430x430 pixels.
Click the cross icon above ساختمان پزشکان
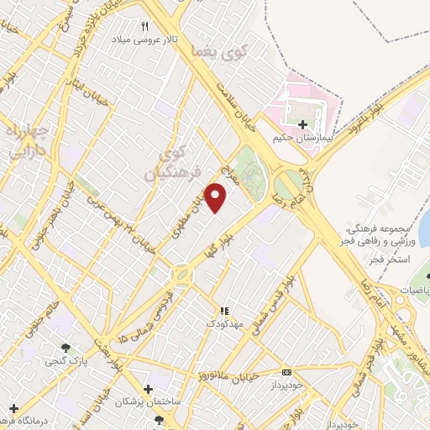click(148, 390)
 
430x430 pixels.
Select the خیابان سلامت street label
click(242, 105)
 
